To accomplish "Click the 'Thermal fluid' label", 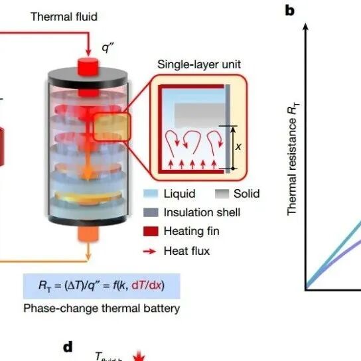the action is point(64,17).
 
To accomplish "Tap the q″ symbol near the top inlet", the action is point(108,48).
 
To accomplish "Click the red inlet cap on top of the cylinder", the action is point(88,66).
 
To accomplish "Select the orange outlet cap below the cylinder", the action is point(88,233).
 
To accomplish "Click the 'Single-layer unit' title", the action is point(199,64).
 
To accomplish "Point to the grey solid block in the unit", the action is point(200,115).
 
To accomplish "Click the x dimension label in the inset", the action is point(238,147).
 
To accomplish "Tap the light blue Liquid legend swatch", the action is point(151,194).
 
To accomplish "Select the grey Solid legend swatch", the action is point(222,194).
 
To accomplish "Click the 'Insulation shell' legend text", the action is point(202,212).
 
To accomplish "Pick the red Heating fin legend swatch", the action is point(151,231).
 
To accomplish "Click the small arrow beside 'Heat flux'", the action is point(150,252).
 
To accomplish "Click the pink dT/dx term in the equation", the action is point(147,285).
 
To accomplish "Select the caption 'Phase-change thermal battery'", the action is point(102,309).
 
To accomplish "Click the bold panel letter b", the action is point(289,11).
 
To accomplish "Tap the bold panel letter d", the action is point(68,346).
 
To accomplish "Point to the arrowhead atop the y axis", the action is point(306,27).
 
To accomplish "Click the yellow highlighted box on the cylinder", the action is point(112,127).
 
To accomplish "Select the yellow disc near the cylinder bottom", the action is point(89,198).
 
